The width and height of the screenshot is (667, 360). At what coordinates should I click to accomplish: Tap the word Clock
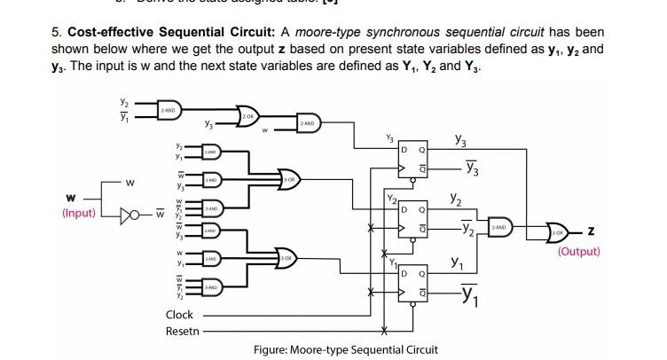179,315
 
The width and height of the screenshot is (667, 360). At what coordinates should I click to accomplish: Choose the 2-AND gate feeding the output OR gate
500,228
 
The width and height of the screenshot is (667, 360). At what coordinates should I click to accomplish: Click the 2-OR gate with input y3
248,116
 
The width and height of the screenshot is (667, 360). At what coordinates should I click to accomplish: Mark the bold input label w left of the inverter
69,198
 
